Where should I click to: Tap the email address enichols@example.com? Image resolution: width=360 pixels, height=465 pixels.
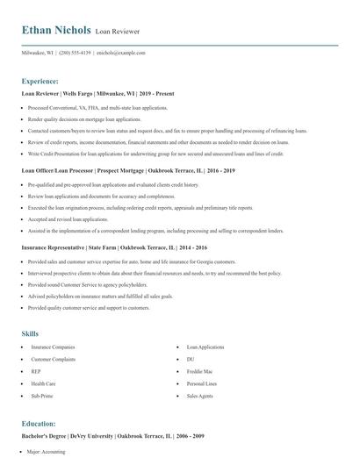point(121,53)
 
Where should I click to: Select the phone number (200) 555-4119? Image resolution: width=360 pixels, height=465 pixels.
point(75,53)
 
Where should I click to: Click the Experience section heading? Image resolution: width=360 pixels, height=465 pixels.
point(40,81)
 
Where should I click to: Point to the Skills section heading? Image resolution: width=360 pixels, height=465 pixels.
point(30,334)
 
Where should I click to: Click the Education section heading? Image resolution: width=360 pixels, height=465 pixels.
point(39,423)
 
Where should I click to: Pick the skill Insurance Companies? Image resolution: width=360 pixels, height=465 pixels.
point(54,347)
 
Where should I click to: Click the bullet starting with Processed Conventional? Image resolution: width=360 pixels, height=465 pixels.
point(97,108)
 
